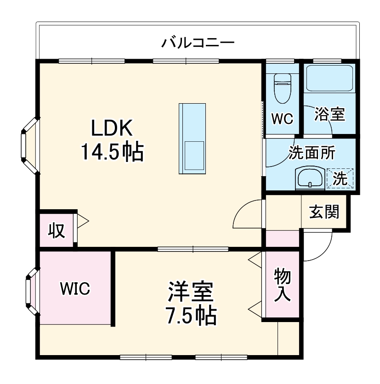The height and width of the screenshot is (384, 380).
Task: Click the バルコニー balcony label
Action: click(x=198, y=44)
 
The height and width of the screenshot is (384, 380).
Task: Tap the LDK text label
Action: click(x=112, y=128)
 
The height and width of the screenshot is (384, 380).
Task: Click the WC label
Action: click(x=282, y=119)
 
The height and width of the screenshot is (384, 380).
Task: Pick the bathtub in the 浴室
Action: click(x=329, y=78)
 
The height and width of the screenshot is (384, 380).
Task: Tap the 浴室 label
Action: click(x=329, y=114)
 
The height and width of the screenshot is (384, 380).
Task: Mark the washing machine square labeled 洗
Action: click(x=340, y=178)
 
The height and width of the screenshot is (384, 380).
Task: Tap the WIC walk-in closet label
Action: click(x=75, y=289)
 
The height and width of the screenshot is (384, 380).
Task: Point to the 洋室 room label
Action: click(x=190, y=292)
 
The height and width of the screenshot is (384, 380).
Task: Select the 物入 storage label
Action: click(x=282, y=284)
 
